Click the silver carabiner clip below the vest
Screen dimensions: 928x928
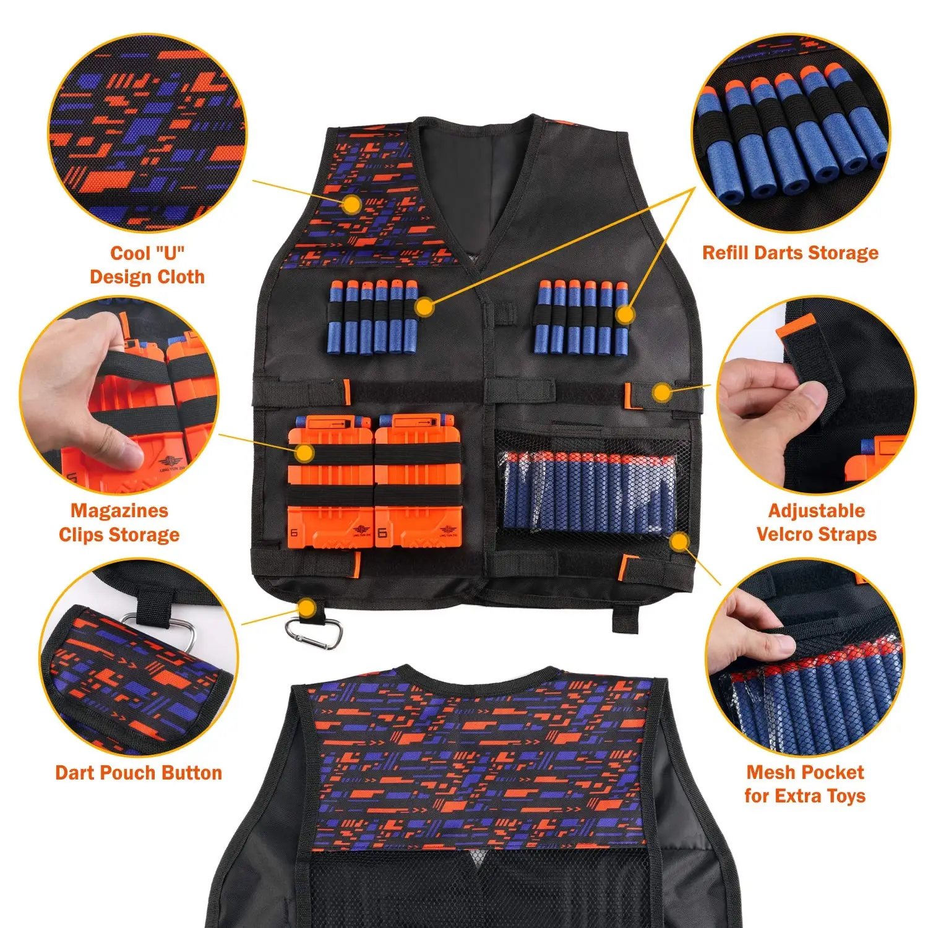coord(314,633)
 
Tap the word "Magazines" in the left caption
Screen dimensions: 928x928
coord(119,511)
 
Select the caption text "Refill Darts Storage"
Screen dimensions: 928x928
coord(790,253)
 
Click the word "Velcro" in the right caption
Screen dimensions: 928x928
coord(784,535)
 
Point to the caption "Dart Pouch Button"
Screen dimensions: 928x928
coord(139,773)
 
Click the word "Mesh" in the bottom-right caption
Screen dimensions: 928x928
coord(769,773)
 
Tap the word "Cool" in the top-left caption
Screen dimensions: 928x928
coord(130,254)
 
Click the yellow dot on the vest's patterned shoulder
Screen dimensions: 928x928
coord(351,205)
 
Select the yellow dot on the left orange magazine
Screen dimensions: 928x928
coord(304,453)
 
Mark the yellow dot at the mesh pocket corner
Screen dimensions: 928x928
coord(679,542)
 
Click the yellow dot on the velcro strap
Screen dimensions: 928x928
coord(662,392)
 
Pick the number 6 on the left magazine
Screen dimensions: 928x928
coord(294,533)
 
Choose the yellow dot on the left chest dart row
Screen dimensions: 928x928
coord(424,306)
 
